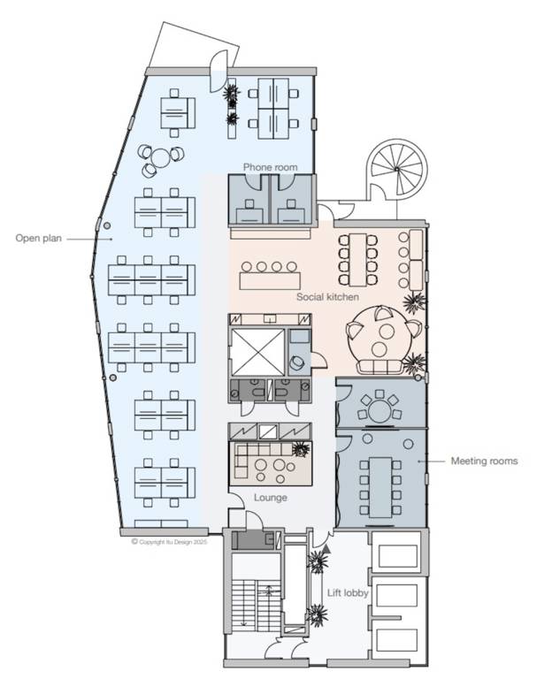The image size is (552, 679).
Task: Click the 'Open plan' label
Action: pyautogui.click(x=39, y=238)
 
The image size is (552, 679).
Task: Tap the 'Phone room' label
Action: pyautogui.click(x=271, y=167)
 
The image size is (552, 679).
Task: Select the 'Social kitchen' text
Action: pyautogui.click(x=327, y=297)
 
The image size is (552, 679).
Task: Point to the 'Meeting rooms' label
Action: pyautogui.click(x=485, y=461)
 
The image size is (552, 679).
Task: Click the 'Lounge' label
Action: pyautogui.click(x=271, y=498)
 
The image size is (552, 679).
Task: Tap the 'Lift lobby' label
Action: pyautogui.click(x=348, y=593)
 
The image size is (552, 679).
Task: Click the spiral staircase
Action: pyautogui.click(x=396, y=170)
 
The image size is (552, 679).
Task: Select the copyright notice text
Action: pyautogui.click(x=170, y=542)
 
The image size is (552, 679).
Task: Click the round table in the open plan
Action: pyautogui.click(x=161, y=158)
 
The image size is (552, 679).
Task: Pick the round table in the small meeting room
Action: pyautogui.click(x=379, y=411)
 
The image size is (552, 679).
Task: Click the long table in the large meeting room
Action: pyautogui.click(x=380, y=487)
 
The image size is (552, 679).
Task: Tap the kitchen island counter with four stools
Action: pyautogui.click(x=270, y=280)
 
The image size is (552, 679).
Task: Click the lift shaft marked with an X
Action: pyautogui.click(x=257, y=352)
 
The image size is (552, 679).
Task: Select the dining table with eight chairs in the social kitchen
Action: pyautogui.click(x=358, y=260)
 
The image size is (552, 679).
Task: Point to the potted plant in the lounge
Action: pyautogui.click(x=301, y=449)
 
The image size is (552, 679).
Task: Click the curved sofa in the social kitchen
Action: pyautogui.click(x=379, y=367)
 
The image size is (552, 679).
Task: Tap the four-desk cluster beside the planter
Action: pyautogui.click(x=273, y=109)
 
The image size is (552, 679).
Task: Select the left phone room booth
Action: pyautogui.click(x=249, y=200)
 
